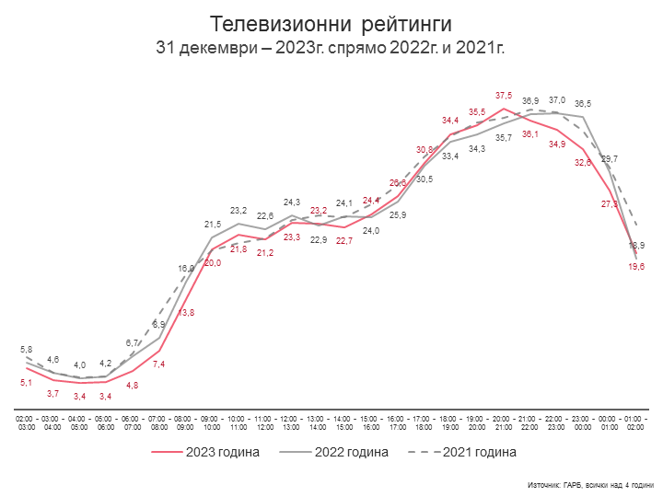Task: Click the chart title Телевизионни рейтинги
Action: click(x=331, y=22)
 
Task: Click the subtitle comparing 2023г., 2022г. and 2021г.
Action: click(x=331, y=46)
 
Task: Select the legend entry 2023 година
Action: click(x=206, y=452)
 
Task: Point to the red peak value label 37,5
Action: click(x=504, y=96)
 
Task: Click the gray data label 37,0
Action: click(x=557, y=100)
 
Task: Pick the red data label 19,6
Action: click(x=636, y=266)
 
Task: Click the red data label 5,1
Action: click(x=26, y=382)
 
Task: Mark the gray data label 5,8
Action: click(x=26, y=350)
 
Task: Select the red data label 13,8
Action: click(x=185, y=313)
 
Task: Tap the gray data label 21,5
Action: click(x=212, y=225)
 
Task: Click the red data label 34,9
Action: click(x=557, y=144)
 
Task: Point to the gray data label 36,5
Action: click(x=583, y=104)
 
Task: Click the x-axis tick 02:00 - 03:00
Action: click(x=26, y=423)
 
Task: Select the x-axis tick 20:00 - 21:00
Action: click(x=504, y=423)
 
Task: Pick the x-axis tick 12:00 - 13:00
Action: click(x=291, y=423)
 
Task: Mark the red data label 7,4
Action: click(x=158, y=364)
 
